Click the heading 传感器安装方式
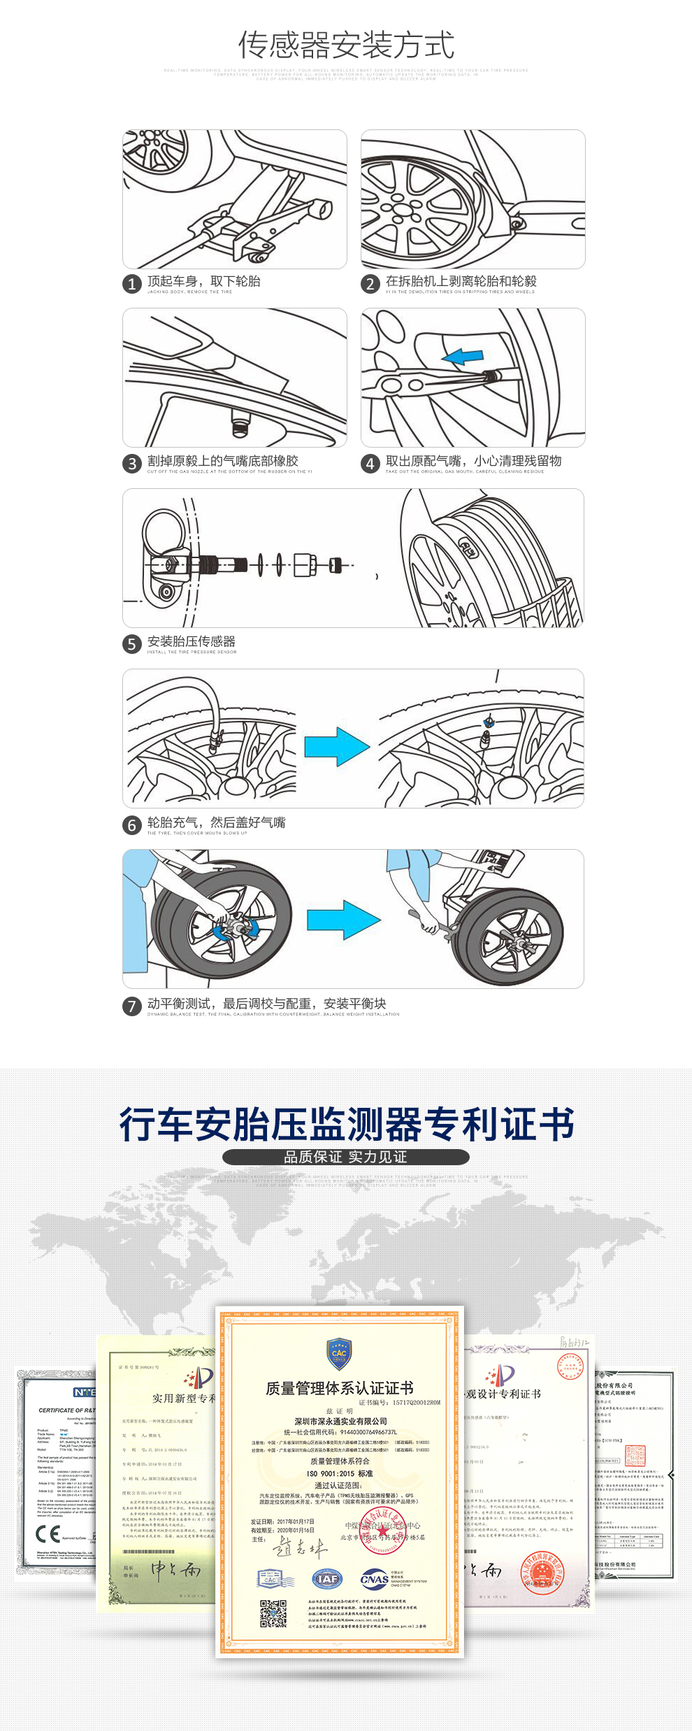pos(346,45)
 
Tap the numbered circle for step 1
pos(132,284)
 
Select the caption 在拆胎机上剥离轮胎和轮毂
pos(461,281)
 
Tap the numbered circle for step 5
pos(132,644)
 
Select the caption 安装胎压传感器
pos(191,641)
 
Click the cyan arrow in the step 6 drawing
pos(336,746)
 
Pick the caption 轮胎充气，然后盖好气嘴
pos(216,822)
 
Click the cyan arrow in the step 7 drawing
pos(343,920)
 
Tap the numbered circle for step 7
pos(132,1006)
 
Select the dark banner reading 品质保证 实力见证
pos(345,1157)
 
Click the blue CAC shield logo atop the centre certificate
pos(339,1353)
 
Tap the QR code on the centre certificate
pos(273,1614)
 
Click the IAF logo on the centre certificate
pos(327,1579)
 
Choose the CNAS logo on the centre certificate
pos(375,1579)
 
